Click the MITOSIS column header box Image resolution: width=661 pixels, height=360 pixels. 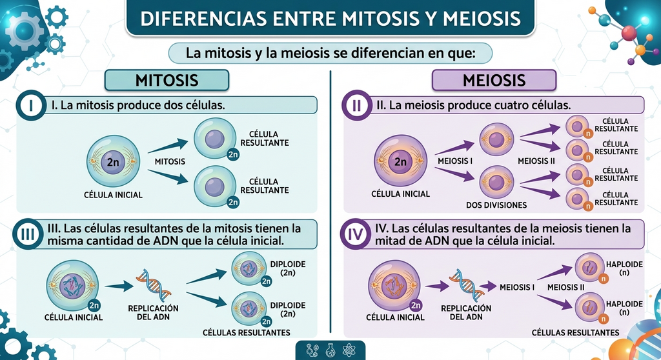pos(167,80)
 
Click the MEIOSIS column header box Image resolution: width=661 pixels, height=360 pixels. pos(494,80)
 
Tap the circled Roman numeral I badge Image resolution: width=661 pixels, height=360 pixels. pos(31,105)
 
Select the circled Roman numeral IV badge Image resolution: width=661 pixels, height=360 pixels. pos(356,234)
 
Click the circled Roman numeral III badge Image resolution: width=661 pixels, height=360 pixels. pos(28,234)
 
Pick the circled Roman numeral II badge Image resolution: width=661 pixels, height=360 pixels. pos(356,105)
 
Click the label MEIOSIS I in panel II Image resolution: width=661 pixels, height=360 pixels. pos(455,161)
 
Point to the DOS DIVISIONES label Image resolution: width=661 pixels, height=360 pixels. pos(496,205)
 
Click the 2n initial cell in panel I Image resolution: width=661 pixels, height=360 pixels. pos(113,161)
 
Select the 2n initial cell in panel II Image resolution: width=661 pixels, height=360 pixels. pos(400,161)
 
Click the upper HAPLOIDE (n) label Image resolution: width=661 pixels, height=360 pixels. pos(624,268)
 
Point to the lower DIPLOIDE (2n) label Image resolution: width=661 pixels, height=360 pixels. pos(288,310)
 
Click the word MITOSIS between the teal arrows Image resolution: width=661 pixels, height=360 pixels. pos(170,161)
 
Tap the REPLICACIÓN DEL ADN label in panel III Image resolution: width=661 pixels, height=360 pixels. pos(154,312)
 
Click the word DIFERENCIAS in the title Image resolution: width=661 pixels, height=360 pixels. pos(204,19)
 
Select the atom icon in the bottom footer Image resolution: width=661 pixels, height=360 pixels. pos(349,350)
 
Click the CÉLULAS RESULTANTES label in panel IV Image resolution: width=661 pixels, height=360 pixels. pos(575,333)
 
